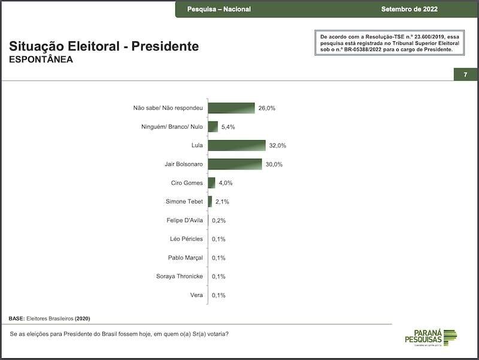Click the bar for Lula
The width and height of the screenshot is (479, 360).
coord(237,146)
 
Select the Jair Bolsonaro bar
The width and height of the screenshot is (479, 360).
coord(235,164)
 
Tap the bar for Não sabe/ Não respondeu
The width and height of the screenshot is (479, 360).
coord(231,108)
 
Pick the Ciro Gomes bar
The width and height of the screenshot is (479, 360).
coord(211,183)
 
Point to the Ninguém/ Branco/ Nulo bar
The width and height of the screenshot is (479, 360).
coord(213,127)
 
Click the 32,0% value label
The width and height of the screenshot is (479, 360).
coord(278,146)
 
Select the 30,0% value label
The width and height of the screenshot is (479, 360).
coord(274,164)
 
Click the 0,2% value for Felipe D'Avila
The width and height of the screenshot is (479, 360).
coord(219,220)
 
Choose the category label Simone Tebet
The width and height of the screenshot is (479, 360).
coord(184,202)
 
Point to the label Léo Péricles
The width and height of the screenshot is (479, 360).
coord(186,239)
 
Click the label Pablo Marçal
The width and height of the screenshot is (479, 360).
coord(186,258)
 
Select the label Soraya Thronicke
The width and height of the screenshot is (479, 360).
coord(179,276)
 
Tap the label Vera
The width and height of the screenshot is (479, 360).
coord(197,295)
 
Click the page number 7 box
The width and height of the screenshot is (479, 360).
coord(465,74)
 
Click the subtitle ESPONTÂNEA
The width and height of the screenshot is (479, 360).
coord(41,60)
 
